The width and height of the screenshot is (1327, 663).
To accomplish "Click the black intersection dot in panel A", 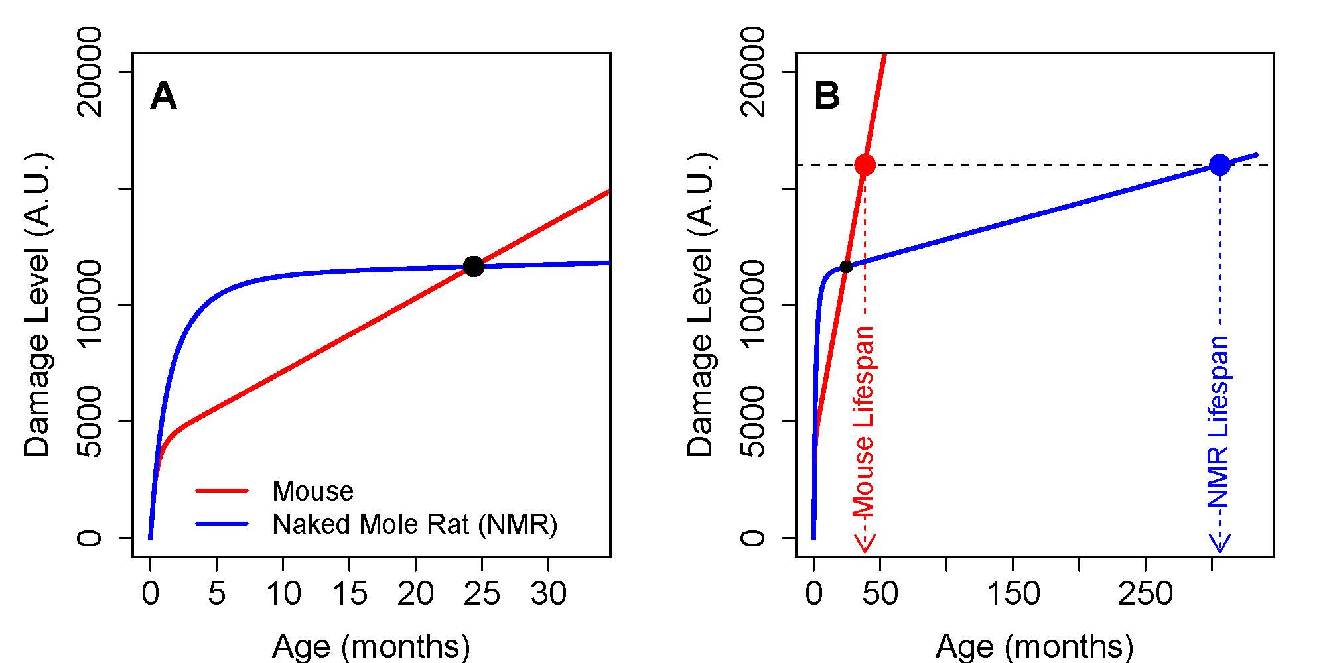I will click(x=474, y=267).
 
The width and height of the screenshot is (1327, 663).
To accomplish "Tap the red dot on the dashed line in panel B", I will click(x=865, y=164).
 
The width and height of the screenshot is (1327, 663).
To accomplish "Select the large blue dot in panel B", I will click(x=1220, y=164).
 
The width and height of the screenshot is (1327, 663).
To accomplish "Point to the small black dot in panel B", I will click(x=846, y=267).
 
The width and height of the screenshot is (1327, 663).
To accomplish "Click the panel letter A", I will click(x=163, y=97).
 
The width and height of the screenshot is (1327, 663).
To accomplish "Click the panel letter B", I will click(x=827, y=97).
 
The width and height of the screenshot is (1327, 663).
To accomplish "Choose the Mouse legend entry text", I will click(x=313, y=491).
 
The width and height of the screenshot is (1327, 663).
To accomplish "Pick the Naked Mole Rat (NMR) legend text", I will click(x=415, y=524).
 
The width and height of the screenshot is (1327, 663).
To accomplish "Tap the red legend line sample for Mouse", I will click(x=222, y=491).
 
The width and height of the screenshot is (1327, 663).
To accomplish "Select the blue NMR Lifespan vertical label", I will click(x=1220, y=422).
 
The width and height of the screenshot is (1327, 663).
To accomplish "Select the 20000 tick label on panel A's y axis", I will click(x=90, y=72).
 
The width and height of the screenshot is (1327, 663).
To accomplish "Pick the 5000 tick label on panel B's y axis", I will click(x=753, y=422).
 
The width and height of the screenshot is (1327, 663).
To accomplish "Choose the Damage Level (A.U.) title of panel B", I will click(x=701, y=305).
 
